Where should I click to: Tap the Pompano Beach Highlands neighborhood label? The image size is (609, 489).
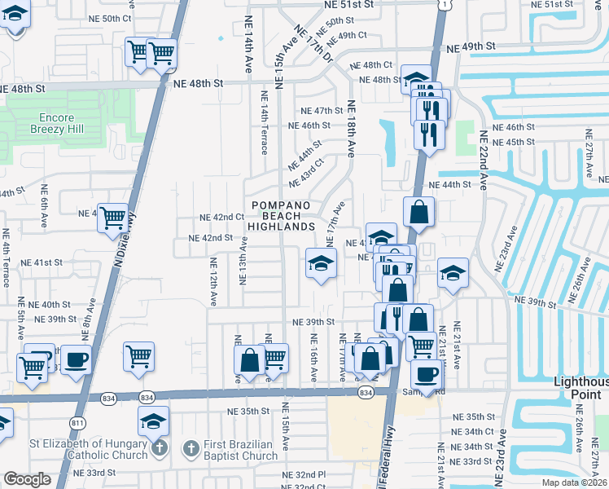(281, 214)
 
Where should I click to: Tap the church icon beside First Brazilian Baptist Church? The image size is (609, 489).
(191, 447)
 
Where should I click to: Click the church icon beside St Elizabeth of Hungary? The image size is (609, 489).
(160, 447)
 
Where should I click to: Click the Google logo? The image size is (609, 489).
(27, 479)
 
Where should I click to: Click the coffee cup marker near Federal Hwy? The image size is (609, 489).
(426, 373)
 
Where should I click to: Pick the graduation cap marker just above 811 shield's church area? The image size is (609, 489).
(152, 421)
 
